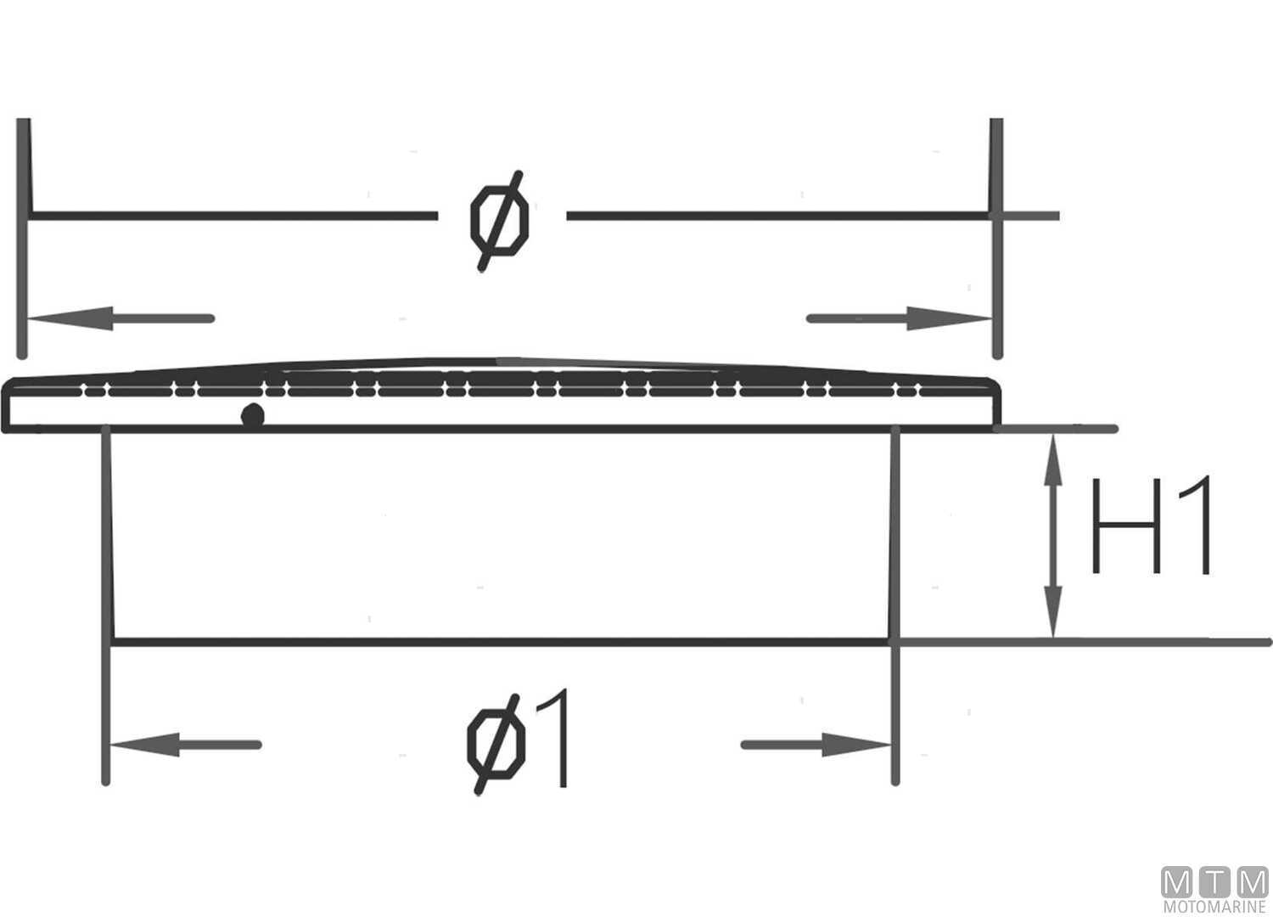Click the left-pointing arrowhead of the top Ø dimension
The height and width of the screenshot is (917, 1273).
click(x=64, y=319)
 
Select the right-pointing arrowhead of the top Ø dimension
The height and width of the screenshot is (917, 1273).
click(x=955, y=319)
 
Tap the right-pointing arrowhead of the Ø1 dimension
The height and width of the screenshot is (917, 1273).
click(x=857, y=745)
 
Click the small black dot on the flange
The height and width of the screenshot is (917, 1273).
click(x=252, y=416)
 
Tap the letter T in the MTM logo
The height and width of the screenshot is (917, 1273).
click(x=1215, y=883)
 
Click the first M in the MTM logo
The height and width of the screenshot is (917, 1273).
click(x=1177, y=883)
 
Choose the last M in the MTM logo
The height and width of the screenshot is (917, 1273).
click(x=1252, y=883)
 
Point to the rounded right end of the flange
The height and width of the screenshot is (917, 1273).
click(x=997, y=404)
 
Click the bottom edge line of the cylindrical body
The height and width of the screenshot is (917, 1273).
click(x=501, y=642)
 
